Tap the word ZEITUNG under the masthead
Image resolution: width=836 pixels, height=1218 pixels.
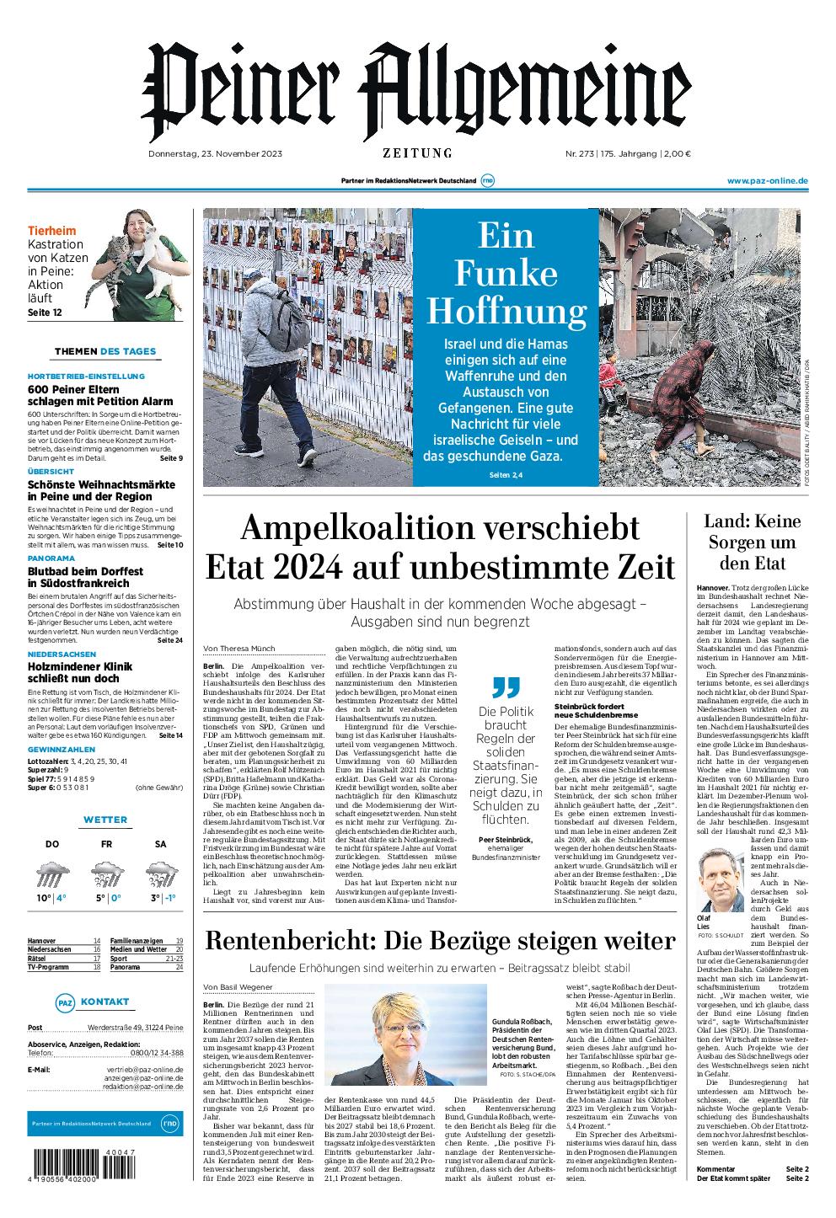pos(417,153)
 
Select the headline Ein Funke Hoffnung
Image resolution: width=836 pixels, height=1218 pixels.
pos(506,273)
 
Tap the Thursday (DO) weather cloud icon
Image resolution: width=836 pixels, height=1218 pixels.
pos(52,875)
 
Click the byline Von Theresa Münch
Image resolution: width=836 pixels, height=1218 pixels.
pos(238,648)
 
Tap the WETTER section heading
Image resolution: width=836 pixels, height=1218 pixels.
pos(106,820)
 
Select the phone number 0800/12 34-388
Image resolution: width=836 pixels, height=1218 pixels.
pos(152,1053)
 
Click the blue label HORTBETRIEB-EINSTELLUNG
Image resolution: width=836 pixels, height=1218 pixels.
pos(86,376)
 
